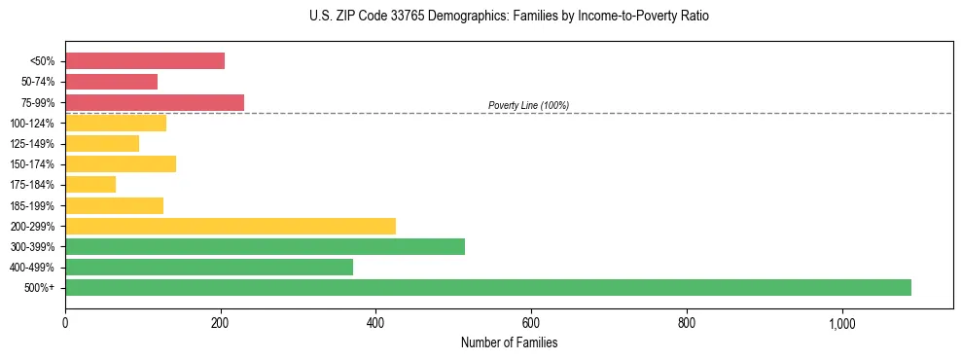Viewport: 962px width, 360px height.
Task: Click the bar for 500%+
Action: [487, 287]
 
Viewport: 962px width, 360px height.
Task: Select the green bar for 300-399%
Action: [265, 246]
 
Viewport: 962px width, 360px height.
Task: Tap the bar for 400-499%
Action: [209, 267]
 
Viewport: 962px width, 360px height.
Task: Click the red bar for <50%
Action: [145, 60]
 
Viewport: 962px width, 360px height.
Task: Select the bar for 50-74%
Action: [111, 82]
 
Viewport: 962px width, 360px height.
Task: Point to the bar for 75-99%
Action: [155, 102]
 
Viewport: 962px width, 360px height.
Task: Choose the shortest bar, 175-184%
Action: [90, 184]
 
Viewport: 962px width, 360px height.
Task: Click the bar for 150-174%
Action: [121, 163]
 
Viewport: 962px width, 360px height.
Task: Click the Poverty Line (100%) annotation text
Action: [528, 105]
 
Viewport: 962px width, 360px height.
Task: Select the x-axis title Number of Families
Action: [509, 342]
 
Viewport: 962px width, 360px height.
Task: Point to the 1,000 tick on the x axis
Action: [841, 323]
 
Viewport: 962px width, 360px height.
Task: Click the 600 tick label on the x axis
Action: [531, 323]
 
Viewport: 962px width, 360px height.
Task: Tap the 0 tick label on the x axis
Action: [65, 323]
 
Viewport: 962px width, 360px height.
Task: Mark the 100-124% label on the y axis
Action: [32, 124]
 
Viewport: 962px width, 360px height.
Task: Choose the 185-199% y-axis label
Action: [32, 205]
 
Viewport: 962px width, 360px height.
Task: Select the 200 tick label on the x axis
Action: [221, 323]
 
